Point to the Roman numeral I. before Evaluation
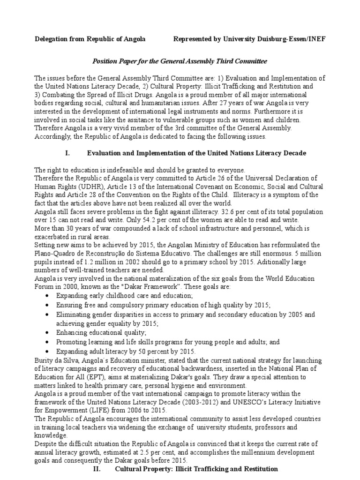click(x=66, y=153)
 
